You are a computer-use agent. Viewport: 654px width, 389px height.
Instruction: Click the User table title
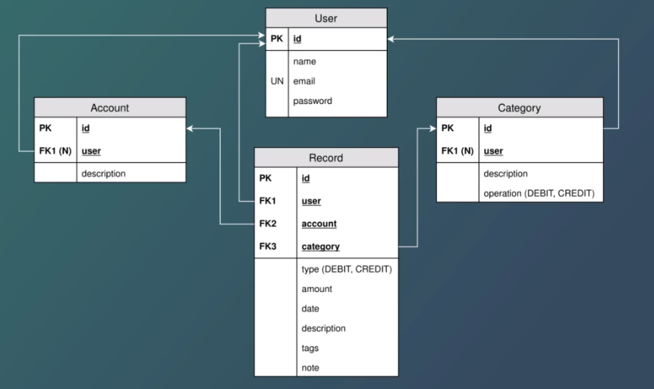(325, 17)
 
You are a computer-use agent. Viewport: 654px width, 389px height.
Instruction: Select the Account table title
(109, 108)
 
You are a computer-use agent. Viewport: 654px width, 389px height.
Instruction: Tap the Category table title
(519, 108)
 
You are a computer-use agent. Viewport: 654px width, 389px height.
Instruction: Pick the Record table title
(325, 158)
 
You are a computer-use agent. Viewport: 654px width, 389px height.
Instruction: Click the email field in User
(304, 81)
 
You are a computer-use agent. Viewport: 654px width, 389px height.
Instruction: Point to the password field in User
(312, 101)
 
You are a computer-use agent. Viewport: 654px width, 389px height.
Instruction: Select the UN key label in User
(277, 81)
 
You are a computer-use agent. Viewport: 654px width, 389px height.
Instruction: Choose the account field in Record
(319, 224)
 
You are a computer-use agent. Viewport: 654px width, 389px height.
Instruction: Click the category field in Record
(320, 246)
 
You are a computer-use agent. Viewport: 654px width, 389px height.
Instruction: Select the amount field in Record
(316, 289)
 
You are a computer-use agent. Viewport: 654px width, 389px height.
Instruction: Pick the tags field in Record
(310, 348)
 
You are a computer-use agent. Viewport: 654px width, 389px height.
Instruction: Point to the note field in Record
(310, 368)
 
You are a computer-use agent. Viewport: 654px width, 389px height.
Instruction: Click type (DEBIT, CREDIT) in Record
(346, 269)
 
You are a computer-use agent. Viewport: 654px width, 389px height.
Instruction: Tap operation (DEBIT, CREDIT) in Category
(539, 193)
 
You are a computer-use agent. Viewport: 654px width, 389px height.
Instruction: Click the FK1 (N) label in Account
(55, 150)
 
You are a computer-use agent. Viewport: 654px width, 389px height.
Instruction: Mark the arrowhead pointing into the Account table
(190, 128)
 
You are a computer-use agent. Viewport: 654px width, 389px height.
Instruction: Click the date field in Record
(310, 309)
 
